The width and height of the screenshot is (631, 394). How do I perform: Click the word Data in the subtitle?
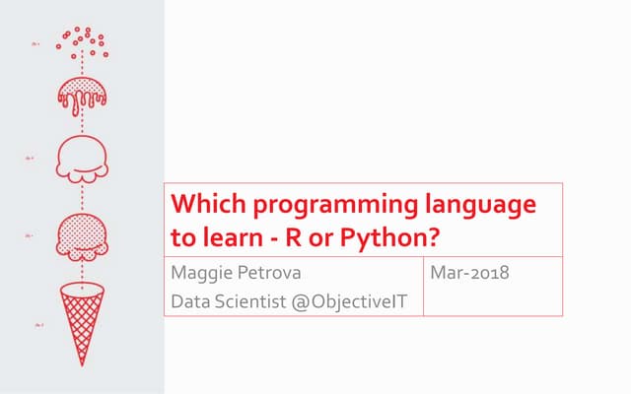[x=190, y=299]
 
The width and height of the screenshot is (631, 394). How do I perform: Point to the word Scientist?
[x=249, y=299]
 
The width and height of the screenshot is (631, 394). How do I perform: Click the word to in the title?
[x=182, y=239]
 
